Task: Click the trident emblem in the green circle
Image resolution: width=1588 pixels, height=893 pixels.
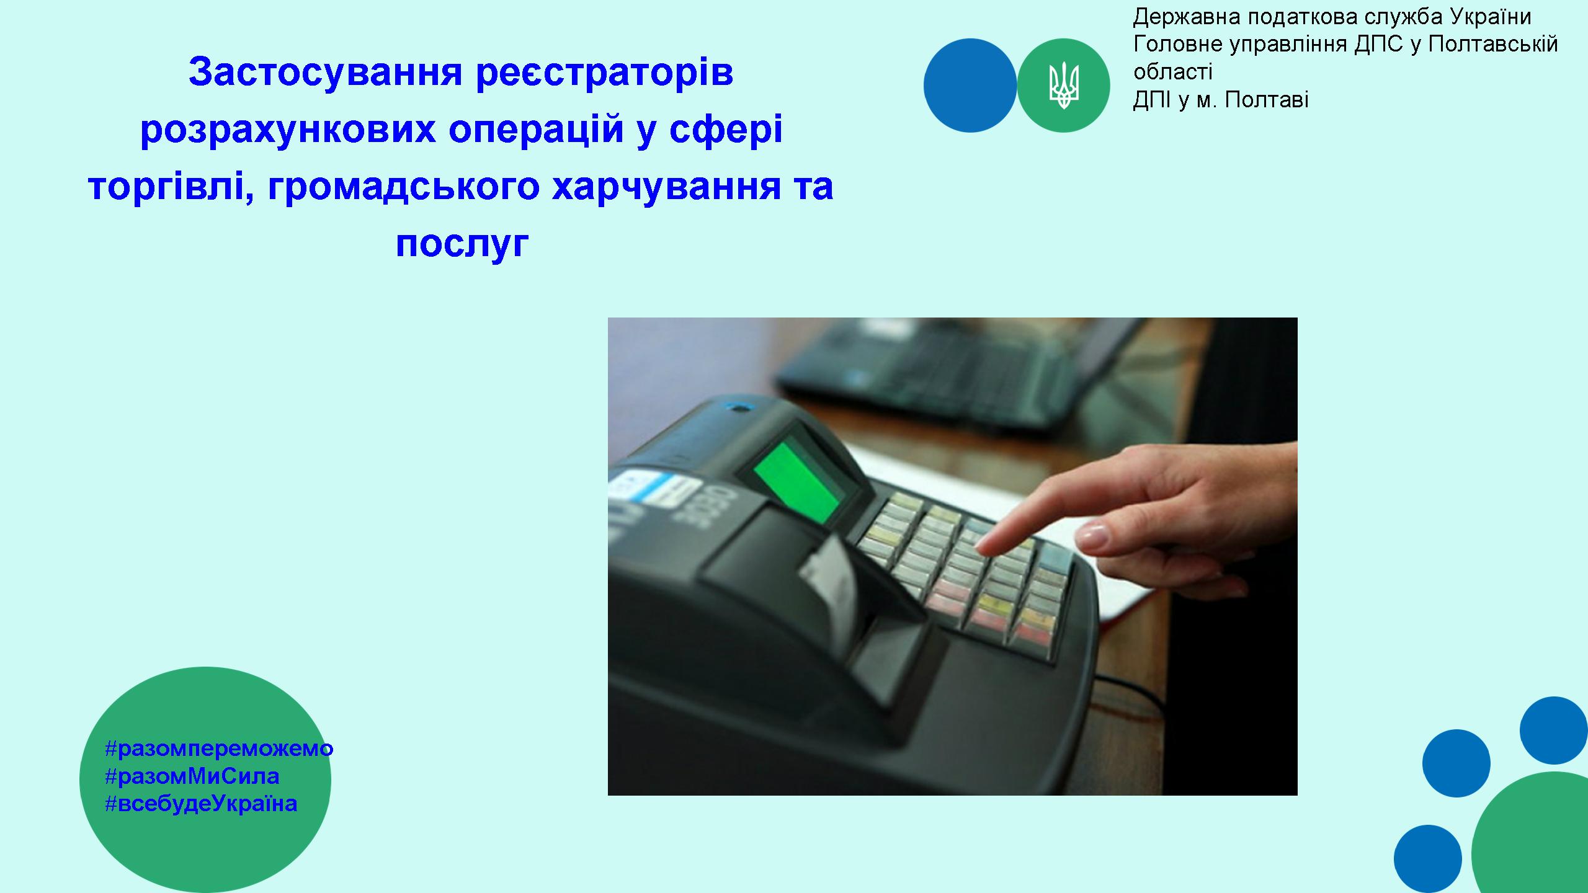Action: pos(1064,86)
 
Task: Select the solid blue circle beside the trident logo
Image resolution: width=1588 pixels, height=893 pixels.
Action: pos(970,86)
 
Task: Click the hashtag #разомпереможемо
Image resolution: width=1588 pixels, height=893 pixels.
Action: pos(219,749)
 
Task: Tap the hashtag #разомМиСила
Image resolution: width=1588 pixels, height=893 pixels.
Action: pos(192,776)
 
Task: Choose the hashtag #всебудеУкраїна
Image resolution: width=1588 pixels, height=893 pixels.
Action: pos(201,803)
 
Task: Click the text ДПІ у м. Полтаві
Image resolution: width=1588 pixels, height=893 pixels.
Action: pos(1221,100)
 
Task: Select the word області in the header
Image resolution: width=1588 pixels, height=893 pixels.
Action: pos(1172,73)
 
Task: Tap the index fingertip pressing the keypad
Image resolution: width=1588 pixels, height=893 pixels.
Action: pos(986,547)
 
